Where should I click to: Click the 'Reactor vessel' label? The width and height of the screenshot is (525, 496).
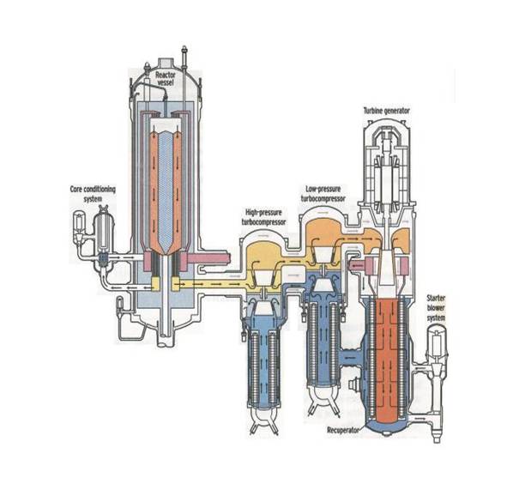click(x=165, y=78)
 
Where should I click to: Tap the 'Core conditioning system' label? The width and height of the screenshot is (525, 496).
click(x=93, y=194)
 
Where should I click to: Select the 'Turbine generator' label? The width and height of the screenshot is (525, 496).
click(x=386, y=111)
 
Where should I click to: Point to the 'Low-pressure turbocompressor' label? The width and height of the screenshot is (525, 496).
click(x=323, y=194)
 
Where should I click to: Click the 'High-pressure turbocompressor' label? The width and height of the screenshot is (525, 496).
click(x=263, y=217)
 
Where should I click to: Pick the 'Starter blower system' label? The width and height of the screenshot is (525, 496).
click(x=436, y=308)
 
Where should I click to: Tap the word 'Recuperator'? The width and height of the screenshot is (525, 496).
click(x=343, y=430)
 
